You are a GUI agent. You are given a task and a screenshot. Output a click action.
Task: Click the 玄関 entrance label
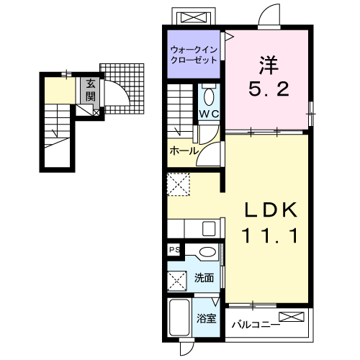[91, 90]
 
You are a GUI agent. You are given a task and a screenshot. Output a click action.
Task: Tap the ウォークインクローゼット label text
[194, 55]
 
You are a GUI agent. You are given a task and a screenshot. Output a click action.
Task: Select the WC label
[209, 114]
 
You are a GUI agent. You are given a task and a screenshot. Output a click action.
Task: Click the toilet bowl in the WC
[209, 96]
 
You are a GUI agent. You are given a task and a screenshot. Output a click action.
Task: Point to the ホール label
[184, 151]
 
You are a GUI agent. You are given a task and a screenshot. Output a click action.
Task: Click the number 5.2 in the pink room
[269, 89]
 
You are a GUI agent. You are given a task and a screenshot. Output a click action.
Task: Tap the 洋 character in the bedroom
[269, 65]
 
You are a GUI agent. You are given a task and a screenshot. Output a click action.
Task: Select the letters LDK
[271, 210]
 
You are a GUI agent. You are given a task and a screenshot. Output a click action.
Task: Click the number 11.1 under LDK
[271, 235]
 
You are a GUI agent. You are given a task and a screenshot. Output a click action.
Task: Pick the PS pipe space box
[174, 250]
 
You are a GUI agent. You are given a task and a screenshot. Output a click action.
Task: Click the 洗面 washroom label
[204, 278]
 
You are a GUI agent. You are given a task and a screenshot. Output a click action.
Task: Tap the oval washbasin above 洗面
[207, 252]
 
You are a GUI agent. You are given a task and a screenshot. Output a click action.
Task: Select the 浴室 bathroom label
[206, 318]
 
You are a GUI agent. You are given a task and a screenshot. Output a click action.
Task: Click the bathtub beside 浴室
[179, 318]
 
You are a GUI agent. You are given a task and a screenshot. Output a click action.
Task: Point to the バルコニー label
[256, 325]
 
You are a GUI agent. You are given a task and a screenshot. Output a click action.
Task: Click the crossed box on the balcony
[292, 317]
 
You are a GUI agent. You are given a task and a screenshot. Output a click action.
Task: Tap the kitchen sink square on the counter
[209, 228]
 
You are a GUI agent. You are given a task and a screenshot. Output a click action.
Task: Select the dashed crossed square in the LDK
[179, 184]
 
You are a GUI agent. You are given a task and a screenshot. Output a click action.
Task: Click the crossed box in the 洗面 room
[177, 281]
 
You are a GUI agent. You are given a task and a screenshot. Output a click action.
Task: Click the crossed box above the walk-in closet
[193, 18]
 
